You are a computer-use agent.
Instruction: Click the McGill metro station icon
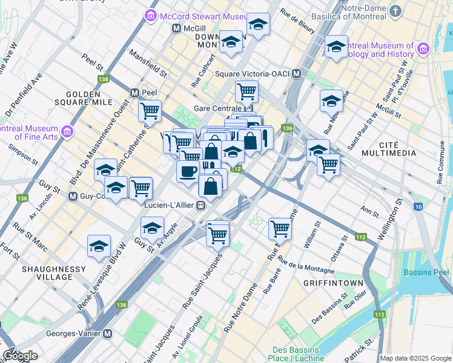click(177, 28)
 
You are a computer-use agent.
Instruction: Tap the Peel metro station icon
click(135, 93)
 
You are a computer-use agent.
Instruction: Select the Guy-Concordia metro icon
click(73, 196)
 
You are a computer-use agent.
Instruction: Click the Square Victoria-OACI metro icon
click(296, 74)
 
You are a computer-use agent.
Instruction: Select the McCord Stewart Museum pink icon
click(151, 15)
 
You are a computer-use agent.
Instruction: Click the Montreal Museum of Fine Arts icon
click(67, 131)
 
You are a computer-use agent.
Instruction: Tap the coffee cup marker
click(188, 171)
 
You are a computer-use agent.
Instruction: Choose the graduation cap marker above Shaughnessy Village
click(99, 246)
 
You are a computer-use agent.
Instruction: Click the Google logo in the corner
click(19, 356)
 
